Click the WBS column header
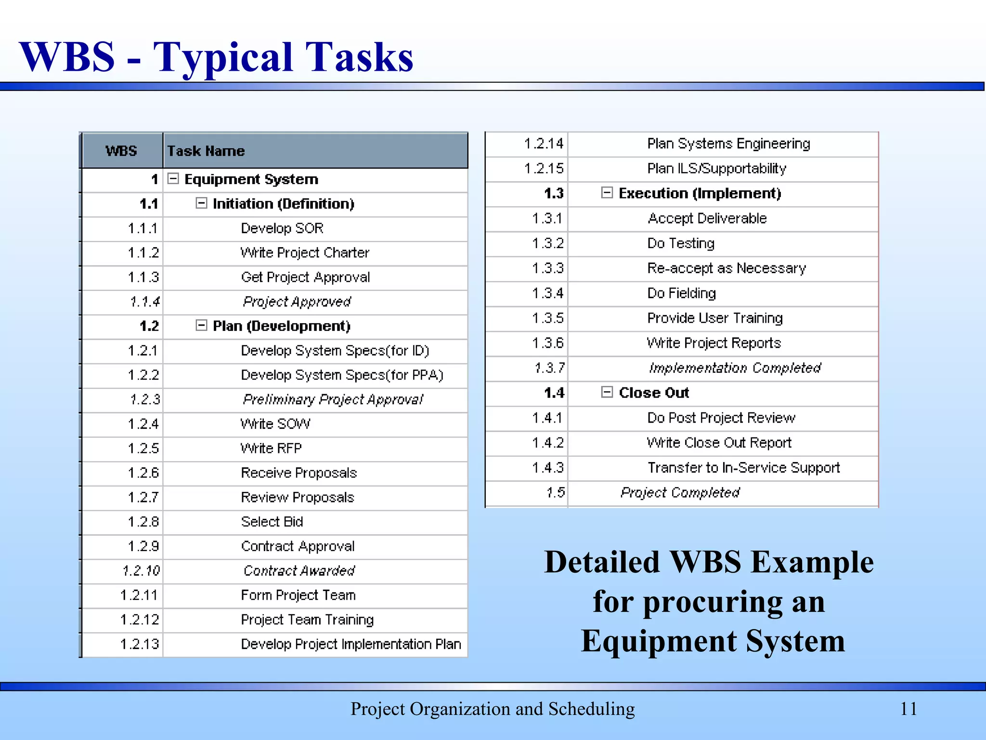tap(121, 151)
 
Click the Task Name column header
tap(206, 151)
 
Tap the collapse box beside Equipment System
tap(173, 179)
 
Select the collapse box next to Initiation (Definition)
tap(201, 203)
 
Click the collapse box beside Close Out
tap(607, 392)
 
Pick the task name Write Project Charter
tap(305, 252)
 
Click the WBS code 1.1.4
tap(144, 302)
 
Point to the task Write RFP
tap(271, 448)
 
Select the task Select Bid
tap(272, 522)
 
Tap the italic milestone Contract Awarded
tap(299, 570)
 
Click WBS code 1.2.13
tap(140, 644)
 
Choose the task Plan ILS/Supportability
tap(716, 168)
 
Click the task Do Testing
tap(681, 243)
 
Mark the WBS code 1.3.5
tap(548, 318)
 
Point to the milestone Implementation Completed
tap(735, 368)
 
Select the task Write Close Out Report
tap(719, 442)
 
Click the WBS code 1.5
tap(556, 492)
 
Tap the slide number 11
tap(908, 709)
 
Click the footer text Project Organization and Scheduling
tap(493, 709)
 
